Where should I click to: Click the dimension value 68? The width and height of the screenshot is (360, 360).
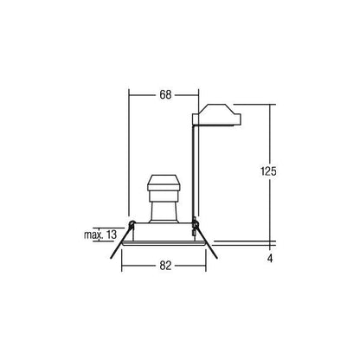[x=165, y=94]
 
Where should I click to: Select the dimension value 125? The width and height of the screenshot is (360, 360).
[x=268, y=171]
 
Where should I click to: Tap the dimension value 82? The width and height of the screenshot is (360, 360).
[x=165, y=266]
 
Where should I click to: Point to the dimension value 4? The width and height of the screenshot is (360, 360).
[x=270, y=259]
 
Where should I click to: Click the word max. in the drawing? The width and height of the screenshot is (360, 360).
[x=93, y=235]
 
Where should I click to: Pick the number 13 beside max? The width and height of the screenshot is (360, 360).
[x=112, y=235]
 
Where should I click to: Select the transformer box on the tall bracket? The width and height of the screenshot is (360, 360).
[x=216, y=115]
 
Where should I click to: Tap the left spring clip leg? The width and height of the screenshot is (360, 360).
[x=122, y=241]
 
